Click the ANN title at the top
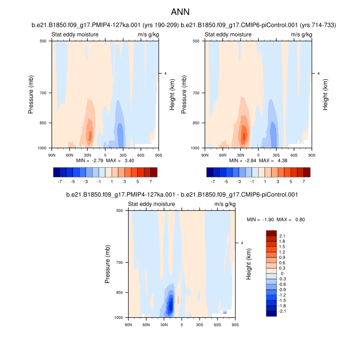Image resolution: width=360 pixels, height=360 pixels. (x=179, y=11)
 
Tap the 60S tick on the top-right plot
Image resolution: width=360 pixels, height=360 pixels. (x=294, y=154)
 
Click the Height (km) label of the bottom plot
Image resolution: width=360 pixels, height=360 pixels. (x=248, y=264)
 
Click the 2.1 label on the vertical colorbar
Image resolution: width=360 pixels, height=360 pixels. (x=283, y=236)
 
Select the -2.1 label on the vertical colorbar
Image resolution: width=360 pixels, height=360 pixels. (x=283, y=311)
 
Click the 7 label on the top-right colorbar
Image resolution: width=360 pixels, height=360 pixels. (x=303, y=182)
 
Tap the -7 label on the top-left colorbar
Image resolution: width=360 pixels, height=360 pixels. (x=60, y=182)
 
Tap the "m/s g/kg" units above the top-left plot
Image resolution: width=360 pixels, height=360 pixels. (x=148, y=34)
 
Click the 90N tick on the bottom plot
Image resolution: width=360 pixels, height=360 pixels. (x=128, y=324)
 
